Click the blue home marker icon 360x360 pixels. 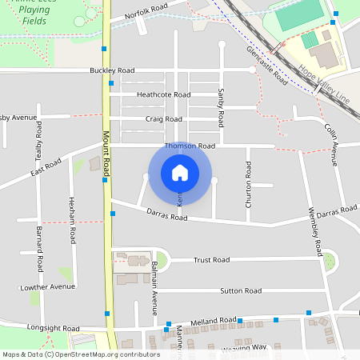click(x=180, y=173)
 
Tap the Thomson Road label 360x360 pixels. click(x=190, y=146)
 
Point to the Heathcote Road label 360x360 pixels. click(x=163, y=94)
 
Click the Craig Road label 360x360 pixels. click(x=163, y=118)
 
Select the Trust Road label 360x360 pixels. click(x=211, y=260)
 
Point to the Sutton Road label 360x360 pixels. click(x=241, y=290)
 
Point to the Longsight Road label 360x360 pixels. click(x=54, y=328)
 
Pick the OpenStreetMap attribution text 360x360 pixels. click(x=82, y=354)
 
